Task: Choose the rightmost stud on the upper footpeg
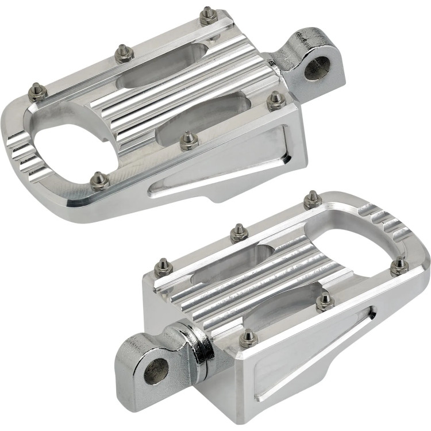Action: click(276, 101)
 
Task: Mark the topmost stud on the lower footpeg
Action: click(312, 198)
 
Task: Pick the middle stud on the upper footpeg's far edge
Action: click(123, 53)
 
